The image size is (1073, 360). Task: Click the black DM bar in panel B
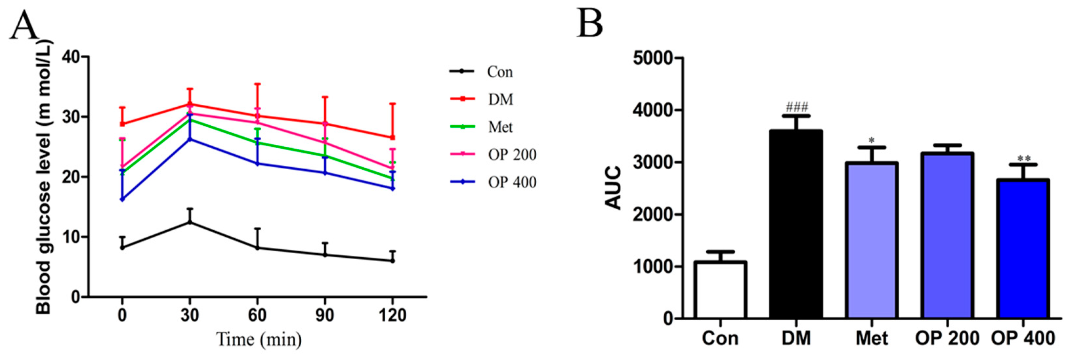tap(796, 225)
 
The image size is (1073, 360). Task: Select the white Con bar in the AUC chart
tap(720, 290)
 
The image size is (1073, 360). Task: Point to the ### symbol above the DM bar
tap(796, 108)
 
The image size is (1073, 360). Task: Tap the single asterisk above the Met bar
tap(871, 140)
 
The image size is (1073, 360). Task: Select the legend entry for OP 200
tap(511, 155)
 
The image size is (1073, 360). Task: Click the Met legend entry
tap(500, 127)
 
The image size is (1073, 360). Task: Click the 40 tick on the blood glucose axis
tap(71, 57)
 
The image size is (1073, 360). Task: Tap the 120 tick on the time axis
tap(392, 315)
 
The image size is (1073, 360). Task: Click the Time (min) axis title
tap(259, 340)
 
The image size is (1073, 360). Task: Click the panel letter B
tap(590, 24)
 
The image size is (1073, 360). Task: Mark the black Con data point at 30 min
tap(190, 222)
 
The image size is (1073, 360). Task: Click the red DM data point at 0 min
tap(122, 124)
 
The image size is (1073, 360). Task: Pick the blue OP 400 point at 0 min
tap(122, 199)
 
